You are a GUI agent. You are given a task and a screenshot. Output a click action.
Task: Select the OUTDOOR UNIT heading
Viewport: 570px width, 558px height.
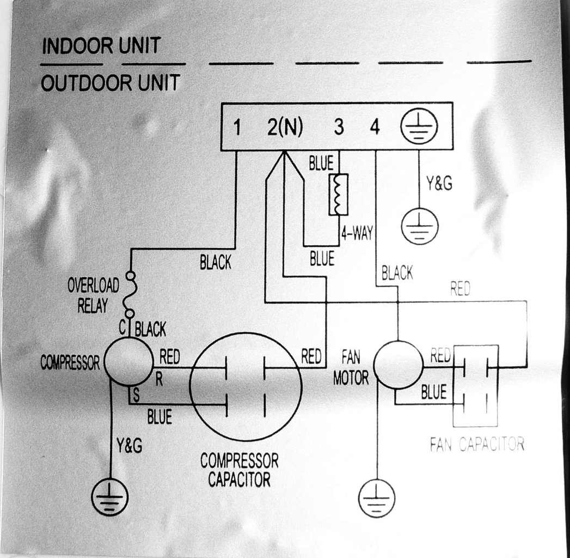click(x=111, y=83)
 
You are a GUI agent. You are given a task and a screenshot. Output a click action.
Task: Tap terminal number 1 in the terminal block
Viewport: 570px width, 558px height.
click(x=237, y=127)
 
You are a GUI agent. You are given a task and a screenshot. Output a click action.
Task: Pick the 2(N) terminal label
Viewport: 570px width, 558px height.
click(x=285, y=127)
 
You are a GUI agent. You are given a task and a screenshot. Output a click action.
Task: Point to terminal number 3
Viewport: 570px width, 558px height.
click(x=339, y=127)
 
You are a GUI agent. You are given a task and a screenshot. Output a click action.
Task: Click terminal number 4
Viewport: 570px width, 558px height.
click(x=375, y=127)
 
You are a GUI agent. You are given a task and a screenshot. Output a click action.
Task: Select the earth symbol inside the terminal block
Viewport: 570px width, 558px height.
click(x=419, y=126)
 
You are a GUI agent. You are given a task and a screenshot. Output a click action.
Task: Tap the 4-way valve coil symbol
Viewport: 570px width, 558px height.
click(x=339, y=195)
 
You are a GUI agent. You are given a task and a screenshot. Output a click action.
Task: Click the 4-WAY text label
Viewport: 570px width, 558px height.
click(x=357, y=233)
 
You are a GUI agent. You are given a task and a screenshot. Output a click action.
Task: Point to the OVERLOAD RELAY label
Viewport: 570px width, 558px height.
click(x=93, y=295)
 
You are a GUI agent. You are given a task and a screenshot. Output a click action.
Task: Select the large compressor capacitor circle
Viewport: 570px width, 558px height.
click(x=246, y=386)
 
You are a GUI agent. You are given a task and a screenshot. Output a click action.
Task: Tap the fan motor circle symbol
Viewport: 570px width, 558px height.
click(x=399, y=365)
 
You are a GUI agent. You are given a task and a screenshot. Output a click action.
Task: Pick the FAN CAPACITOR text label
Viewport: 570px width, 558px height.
click(x=477, y=444)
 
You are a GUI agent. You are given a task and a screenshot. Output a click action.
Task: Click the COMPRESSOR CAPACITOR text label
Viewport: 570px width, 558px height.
click(x=239, y=470)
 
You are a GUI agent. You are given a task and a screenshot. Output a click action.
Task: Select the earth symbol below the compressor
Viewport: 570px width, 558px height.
click(x=110, y=497)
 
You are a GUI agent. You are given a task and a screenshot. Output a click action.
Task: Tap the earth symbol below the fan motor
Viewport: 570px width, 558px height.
click(x=377, y=499)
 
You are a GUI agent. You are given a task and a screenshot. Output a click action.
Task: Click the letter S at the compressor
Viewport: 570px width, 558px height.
click(x=136, y=395)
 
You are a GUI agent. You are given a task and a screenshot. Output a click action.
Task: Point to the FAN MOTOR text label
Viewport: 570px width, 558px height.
click(x=351, y=367)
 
